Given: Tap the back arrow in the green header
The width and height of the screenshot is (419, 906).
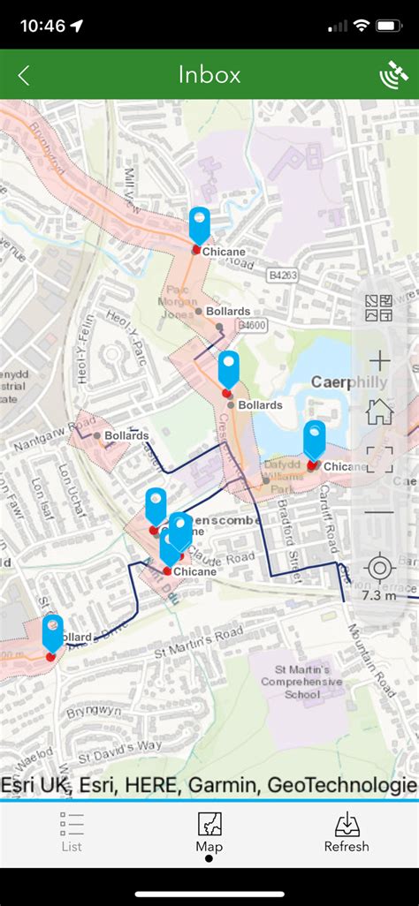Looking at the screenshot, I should coord(24,76).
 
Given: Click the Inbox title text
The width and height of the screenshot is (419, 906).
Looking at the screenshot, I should coord(209,75).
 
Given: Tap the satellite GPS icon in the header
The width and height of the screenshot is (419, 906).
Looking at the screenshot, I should coord(393,76).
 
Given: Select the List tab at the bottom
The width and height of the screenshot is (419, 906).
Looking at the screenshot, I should coord(72,833).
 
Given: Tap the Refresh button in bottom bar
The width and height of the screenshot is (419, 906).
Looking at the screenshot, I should coord(347,833).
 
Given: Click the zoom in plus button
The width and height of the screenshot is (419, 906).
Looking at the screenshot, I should coord(379,360).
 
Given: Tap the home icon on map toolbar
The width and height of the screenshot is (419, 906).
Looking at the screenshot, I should coord(379,411).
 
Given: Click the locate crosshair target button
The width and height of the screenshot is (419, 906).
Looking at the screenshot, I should coord(379,567).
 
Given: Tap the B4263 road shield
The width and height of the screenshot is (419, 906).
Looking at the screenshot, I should coord(283,276).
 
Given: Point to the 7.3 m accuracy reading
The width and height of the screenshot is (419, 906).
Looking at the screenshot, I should coord(379,595).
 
